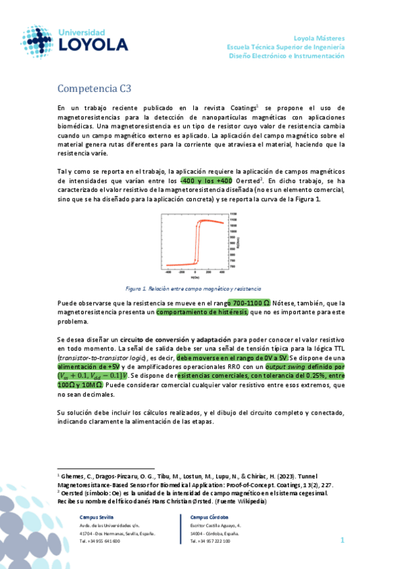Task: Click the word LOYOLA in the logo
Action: tap(95, 45)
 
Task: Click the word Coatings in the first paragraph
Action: tap(242, 107)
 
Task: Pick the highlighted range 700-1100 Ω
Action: tap(249, 303)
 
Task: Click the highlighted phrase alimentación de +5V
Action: tap(89, 367)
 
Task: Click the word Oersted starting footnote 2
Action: tap(74, 493)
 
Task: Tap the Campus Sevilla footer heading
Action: tap(97, 517)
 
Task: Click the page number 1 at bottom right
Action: tap(342, 539)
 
